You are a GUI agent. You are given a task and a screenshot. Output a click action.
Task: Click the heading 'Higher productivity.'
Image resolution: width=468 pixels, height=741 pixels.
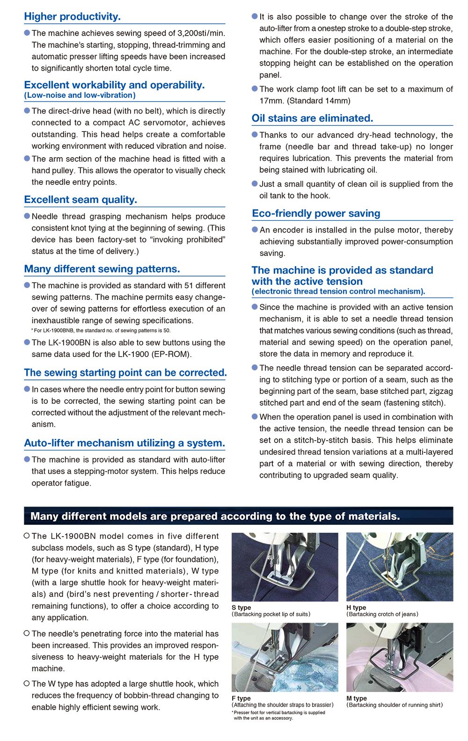(x=72, y=16)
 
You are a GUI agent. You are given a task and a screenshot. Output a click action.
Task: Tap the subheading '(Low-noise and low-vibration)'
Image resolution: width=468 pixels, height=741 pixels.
(x=80, y=95)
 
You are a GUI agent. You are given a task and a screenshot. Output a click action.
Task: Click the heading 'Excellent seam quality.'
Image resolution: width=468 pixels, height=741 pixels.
(x=80, y=200)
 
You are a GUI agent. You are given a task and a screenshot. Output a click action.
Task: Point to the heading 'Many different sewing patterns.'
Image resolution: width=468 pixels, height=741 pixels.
(x=102, y=269)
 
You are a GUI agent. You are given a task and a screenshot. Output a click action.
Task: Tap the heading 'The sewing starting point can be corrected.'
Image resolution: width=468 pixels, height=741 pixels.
(x=125, y=373)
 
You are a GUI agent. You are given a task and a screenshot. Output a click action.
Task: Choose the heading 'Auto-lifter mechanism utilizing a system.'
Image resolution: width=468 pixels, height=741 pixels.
(x=124, y=443)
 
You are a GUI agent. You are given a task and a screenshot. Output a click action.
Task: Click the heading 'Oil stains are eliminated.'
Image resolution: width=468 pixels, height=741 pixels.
(x=312, y=118)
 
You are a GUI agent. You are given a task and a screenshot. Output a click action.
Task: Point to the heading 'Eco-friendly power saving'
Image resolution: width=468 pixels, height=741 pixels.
(x=316, y=214)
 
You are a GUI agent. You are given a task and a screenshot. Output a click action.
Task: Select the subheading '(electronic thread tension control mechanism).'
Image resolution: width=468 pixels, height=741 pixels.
(x=338, y=291)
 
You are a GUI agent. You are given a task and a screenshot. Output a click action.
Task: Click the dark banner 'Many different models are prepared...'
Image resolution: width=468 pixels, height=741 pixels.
(x=238, y=516)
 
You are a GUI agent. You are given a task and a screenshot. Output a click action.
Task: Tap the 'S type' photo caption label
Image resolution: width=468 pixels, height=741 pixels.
(x=241, y=608)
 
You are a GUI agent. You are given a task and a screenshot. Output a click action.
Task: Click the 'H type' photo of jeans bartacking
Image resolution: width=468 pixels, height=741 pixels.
(x=399, y=567)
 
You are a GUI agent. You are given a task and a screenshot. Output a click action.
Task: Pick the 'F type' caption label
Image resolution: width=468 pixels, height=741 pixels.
(x=241, y=698)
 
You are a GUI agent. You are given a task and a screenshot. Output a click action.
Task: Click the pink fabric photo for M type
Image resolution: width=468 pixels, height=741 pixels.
(x=399, y=657)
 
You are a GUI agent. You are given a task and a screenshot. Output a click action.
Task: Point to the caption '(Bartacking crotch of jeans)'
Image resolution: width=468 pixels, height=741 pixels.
(x=382, y=614)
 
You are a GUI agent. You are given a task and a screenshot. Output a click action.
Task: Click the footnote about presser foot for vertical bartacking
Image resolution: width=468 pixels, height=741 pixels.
(x=278, y=715)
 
